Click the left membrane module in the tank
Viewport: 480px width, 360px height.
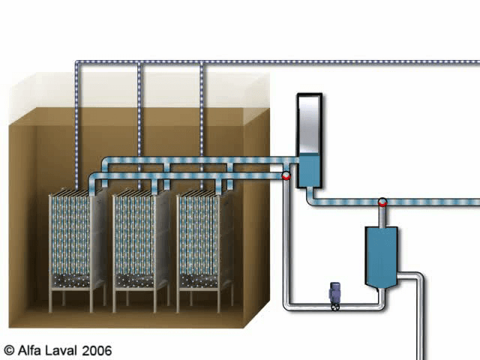click(74, 236)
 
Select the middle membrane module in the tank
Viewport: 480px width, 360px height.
click(138, 236)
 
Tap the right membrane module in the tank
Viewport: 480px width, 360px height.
click(202, 236)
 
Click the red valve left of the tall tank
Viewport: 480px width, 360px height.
click(286, 175)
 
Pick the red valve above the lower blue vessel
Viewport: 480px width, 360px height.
click(382, 202)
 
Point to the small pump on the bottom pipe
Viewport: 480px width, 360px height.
click(335, 295)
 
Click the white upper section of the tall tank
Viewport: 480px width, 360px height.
click(308, 124)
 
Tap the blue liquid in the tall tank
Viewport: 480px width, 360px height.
click(308, 170)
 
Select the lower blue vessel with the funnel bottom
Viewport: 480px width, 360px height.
click(381, 255)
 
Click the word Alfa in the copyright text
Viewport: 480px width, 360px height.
click(31, 349)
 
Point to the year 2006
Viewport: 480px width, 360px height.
click(97, 349)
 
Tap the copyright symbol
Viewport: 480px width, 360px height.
click(9, 349)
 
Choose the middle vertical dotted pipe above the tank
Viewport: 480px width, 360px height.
click(139, 112)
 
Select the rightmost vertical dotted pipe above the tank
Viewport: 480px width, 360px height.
click(202, 112)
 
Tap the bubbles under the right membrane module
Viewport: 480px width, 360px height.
click(201, 280)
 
